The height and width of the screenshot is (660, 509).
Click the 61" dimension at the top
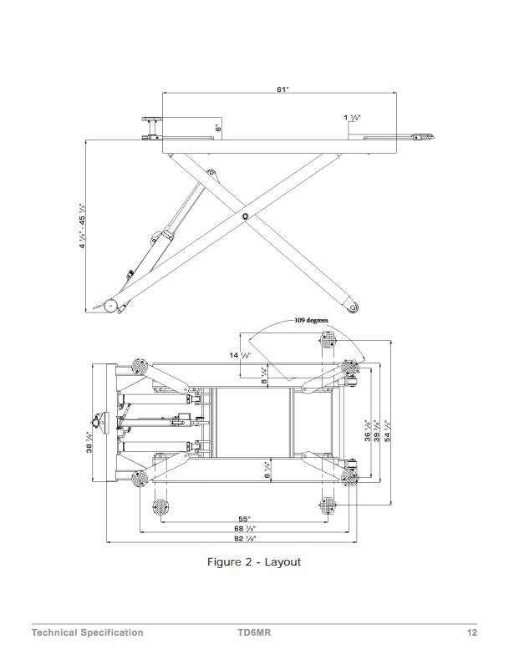282,89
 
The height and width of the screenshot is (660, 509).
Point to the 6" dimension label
217,128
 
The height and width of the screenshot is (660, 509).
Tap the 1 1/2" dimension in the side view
351,118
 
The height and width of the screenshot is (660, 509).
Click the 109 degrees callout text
310,320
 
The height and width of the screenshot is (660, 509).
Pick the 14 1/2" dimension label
240,356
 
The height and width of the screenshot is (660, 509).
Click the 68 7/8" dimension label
244,529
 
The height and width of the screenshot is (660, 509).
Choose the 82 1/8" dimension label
244,539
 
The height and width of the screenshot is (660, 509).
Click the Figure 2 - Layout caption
253,561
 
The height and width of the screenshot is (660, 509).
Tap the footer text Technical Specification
87,632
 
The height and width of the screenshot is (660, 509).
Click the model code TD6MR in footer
254,632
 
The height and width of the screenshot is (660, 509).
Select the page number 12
471,632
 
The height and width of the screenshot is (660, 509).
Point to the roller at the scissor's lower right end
354,308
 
